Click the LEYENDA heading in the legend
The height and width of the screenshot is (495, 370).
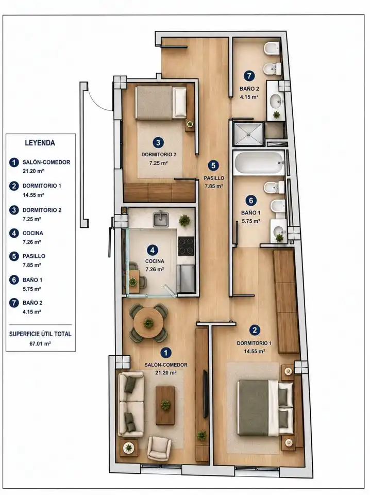[40, 143]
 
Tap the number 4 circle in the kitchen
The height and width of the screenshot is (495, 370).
[153, 251]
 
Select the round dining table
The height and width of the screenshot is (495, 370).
[148, 322]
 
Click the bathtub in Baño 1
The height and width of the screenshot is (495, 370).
[259, 163]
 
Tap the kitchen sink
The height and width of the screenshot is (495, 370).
[161, 219]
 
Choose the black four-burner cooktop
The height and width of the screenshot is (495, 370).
[186, 246]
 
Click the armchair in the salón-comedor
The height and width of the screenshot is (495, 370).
[160, 448]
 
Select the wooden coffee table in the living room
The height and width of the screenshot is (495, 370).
[165, 405]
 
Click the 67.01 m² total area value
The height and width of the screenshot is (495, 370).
[40, 343]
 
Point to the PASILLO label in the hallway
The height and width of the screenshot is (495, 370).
[214, 178]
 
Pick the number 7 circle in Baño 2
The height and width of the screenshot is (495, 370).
[249, 76]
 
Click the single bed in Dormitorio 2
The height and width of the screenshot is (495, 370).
[161, 103]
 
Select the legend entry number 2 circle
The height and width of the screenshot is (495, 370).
[14, 186]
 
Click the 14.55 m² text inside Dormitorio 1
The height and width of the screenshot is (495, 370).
[254, 351]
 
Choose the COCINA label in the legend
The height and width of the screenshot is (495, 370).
[33, 233]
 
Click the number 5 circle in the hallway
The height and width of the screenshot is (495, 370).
[213, 166]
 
